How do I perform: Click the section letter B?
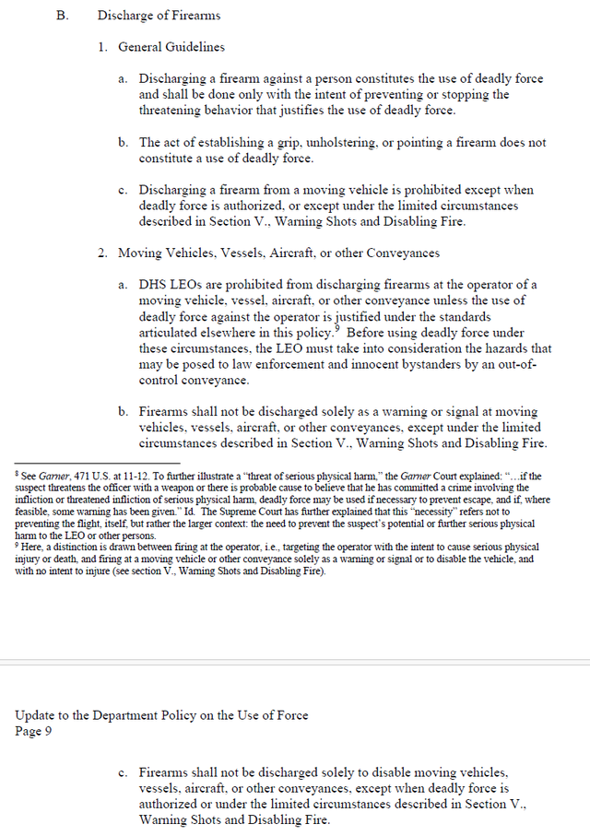(x=62, y=17)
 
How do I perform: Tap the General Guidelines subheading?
(x=171, y=47)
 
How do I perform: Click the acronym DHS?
(x=154, y=285)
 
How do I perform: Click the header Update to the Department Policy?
(x=161, y=716)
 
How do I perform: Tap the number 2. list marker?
(x=104, y=253)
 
